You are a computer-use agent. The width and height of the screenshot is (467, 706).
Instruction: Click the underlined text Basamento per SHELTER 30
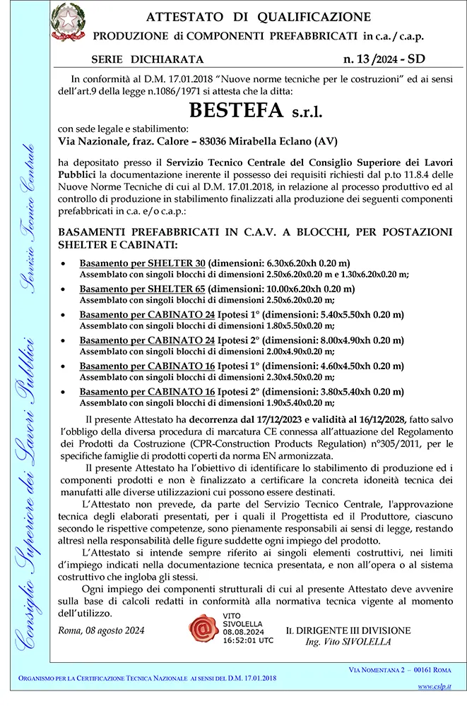[142, 263]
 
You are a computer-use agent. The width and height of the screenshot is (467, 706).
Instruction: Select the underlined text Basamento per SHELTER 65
[142, 289]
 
